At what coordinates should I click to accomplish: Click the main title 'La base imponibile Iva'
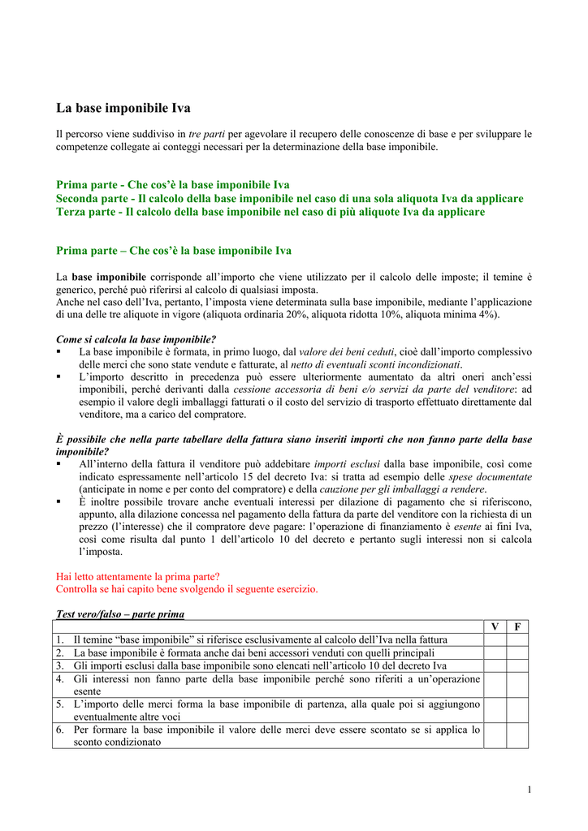(x=123, y=107)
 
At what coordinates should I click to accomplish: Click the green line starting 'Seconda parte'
(x=289, y=198)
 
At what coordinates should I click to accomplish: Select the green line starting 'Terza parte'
(x=270, y=212)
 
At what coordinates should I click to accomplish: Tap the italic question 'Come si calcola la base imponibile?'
(x=136, y=339)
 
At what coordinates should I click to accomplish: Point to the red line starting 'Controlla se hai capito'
(x=187, y=588)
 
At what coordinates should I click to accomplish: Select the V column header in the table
(x=495, y=626)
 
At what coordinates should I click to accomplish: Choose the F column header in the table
(x=517, y=626)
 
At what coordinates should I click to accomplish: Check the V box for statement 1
(x=495, y=639)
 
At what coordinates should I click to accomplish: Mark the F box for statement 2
(x=517, y=652)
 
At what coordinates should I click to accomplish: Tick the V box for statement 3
(x=495, y=665)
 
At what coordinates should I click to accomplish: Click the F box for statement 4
(x=517, y=685)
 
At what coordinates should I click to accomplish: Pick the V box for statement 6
(x=495, y=735)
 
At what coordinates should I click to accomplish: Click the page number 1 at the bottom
(x=529, y=790)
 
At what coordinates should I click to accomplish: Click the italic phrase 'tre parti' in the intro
(x=206, y=133)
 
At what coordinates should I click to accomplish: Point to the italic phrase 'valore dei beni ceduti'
(x=346, y=352)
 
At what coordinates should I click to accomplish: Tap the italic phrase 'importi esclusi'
(x=342, y=464)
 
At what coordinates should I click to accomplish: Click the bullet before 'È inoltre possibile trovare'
(x=59, y=502)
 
